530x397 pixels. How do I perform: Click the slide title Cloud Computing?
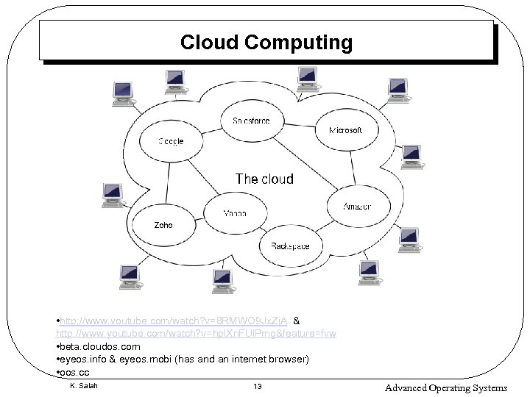tap(266, 43)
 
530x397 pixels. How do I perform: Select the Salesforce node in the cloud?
tap(251, 121)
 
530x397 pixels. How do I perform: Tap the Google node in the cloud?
tap(171, 141)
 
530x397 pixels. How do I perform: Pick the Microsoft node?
tap(345, 130)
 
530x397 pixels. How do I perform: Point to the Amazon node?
tap(357, 207)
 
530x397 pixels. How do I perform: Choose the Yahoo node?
tap(234, 213)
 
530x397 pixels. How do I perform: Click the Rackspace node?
tap(290, 246)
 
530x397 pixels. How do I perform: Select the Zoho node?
tap(163, 225)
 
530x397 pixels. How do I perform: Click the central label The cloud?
tap(264, 179)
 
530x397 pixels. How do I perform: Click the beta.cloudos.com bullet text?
tap(99, 346)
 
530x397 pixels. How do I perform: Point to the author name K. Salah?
tap(83, 386)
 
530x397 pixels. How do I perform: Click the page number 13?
tap(257, 387)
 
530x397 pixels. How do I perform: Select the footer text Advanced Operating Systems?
tap(446, 387)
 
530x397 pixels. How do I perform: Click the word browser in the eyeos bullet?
tap(289, 360)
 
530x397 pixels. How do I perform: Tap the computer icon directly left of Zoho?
tap(113, 196)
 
